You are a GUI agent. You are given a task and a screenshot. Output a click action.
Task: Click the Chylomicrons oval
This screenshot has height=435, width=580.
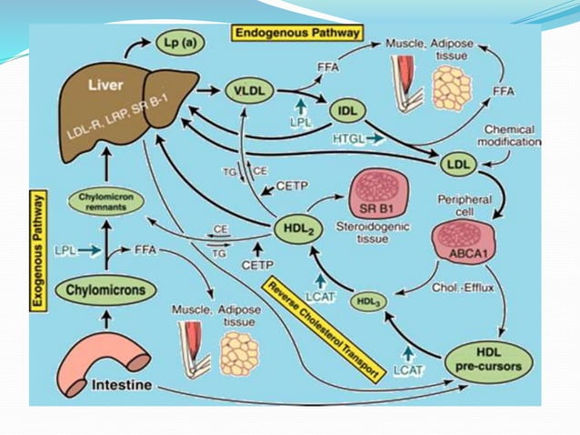point(105,290)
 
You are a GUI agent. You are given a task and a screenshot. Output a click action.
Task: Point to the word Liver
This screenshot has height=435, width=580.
point(104,84)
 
